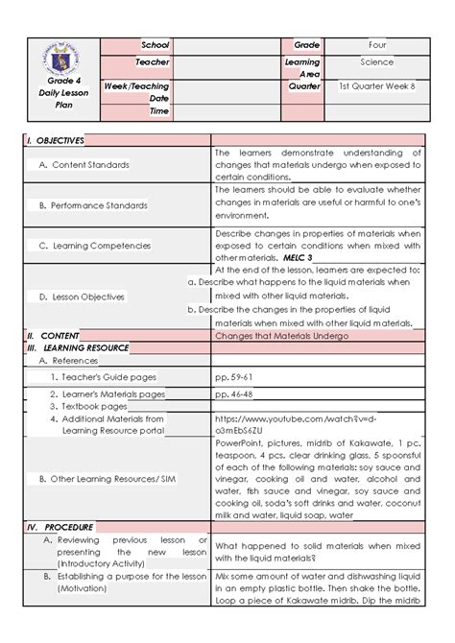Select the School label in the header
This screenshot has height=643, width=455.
[155, 46]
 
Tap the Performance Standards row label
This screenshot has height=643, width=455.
[100, 205]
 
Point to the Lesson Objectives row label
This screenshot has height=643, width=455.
[92, 298]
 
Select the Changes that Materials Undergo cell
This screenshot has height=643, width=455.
[281, 336]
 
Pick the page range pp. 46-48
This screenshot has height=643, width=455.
[235, 393]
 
